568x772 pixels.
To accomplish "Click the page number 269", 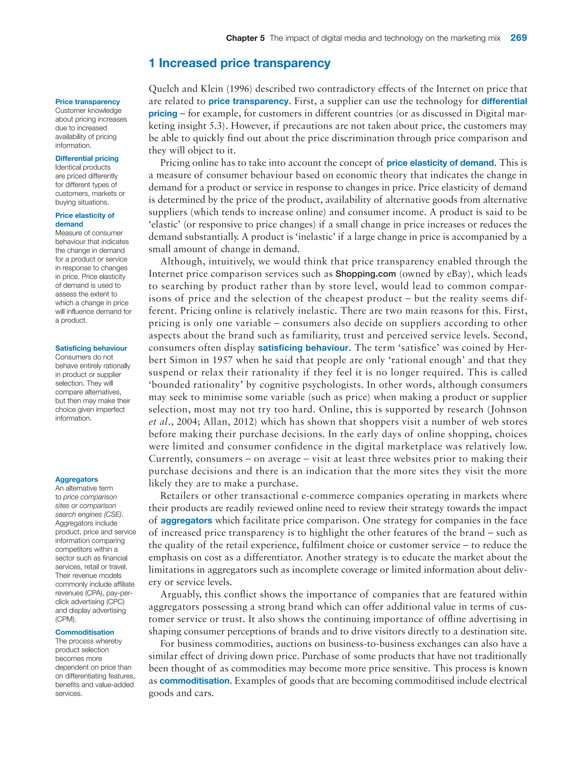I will (518, 38).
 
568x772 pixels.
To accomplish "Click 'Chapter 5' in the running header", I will (245, 38).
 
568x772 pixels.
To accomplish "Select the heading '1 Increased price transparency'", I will (239, 63).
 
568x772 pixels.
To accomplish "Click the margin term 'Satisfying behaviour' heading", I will (91, 348).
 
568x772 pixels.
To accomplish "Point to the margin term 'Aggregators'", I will (76, 479).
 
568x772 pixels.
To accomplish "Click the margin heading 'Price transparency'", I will (87, 102).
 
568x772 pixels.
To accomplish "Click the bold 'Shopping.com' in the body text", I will (366, 274).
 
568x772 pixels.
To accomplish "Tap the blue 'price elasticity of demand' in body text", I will (440, 163).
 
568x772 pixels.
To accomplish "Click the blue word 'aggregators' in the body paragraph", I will (186, 521).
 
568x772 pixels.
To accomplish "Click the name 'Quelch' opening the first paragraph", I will (163, 89).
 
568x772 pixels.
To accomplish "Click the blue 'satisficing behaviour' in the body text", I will (303, 348).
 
